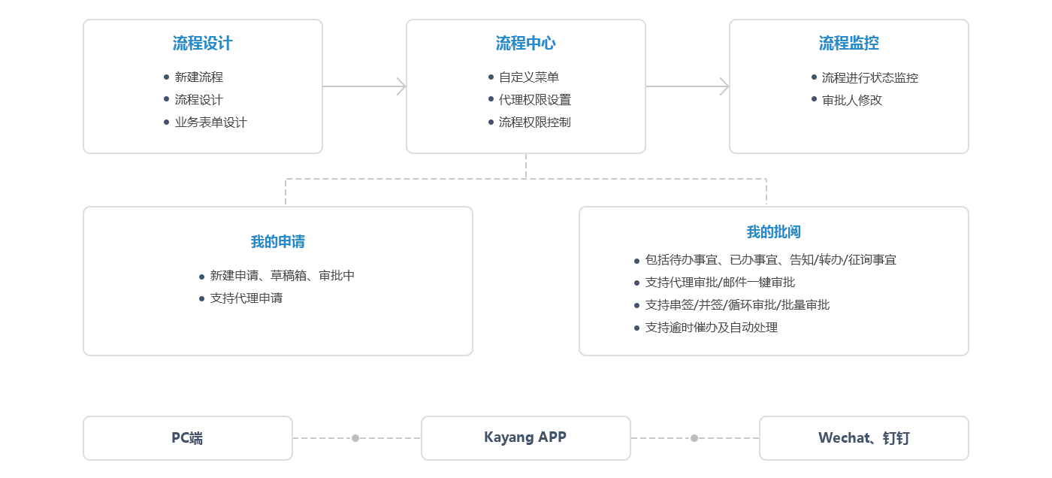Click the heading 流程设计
(202, 44)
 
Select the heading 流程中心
(525, 44)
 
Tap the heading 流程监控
(848, 44)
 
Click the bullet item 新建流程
(198, 77)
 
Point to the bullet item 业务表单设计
(210, 123)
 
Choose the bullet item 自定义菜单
(528, 77)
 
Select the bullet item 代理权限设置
(534, 100)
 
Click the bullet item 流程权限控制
(534, 123)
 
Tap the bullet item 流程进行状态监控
(869, 78)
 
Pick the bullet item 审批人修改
(851, 100)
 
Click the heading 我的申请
(278, 242)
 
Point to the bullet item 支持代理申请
(246, 298)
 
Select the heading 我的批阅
(774, 232)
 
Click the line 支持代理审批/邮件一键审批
(719, 283)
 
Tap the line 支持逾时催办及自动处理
(711, 328)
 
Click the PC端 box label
(187, 438)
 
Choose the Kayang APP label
(525, 437)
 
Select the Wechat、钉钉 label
(863, 438)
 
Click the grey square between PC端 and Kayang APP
(355, 437)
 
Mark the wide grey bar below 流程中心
(525, 191)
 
